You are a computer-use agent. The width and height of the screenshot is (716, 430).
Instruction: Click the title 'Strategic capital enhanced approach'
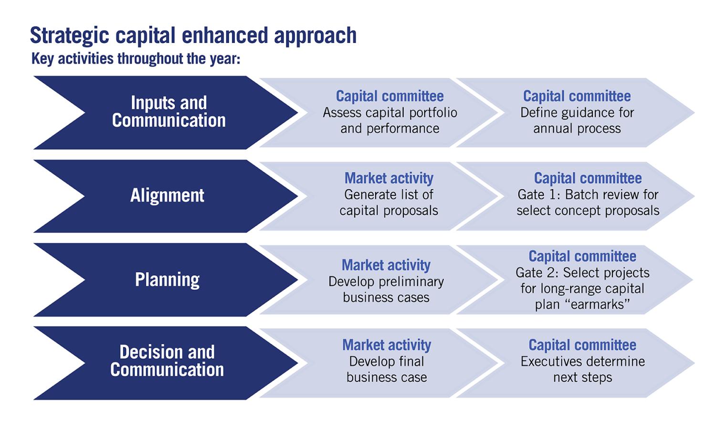[x=193, y=35]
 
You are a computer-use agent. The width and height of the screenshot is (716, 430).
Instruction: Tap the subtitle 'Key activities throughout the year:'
[x=136, y=59]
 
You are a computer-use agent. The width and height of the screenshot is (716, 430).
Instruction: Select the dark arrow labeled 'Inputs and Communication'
[x=166, y=113]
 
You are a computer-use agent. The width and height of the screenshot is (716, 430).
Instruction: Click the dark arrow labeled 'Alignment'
[x=166, y=196]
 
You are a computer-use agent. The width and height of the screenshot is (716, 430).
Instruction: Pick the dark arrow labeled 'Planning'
[x=166, y=280]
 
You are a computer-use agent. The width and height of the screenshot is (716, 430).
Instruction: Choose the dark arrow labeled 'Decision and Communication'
[x=166, y=363]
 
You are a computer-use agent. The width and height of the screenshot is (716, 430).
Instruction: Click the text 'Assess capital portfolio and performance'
[x=390, y=120]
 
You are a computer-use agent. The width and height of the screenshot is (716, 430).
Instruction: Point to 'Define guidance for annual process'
[x=577, y=120]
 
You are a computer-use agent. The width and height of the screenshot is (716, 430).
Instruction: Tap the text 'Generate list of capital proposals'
[x=389, y=203]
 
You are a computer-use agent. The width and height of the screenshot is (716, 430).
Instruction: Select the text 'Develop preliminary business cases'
[x=386, y=290]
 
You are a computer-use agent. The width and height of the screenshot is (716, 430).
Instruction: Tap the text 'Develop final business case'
[x=387, y=369]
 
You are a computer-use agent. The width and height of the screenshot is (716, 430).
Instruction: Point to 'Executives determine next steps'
[x=583, y=369]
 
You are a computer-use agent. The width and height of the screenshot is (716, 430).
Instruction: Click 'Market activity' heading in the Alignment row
[x=389, y=178]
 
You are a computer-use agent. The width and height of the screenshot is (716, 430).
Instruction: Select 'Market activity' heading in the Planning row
[x=386, y=265]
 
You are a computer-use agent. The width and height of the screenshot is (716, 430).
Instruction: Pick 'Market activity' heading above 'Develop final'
[x=387, y=344]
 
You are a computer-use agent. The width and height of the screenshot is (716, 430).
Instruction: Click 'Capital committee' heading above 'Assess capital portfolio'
[x=390, y=96]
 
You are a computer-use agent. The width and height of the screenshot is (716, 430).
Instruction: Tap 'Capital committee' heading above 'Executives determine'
[x=582, y=344]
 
